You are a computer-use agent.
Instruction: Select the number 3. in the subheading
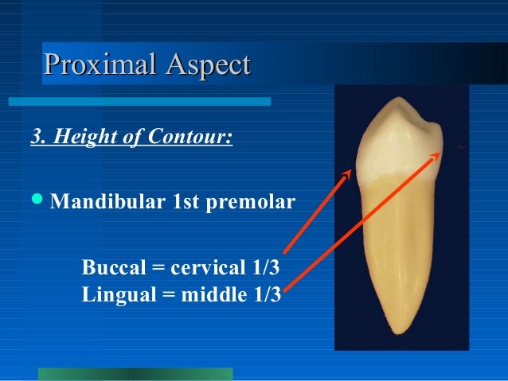point(37,138)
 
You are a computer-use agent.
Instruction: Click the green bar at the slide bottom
point(135,374)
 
